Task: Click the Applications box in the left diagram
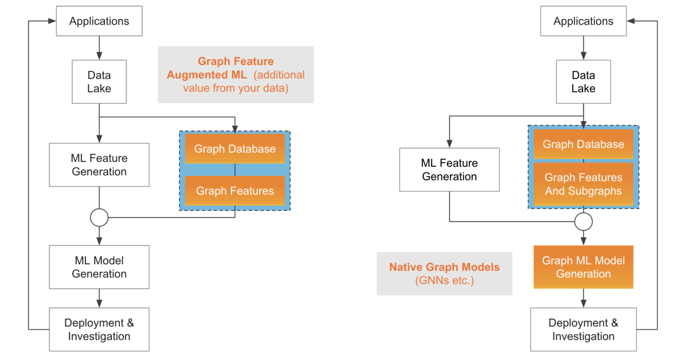coord(99,21)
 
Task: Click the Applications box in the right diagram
coord(583,21)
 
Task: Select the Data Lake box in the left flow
coord(99,82)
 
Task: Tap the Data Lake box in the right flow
coord(583,82)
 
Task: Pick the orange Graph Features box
coord(235,191)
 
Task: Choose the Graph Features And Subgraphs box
coord(583,184)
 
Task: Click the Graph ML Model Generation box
coord(583,267)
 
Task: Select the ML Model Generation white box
coord(99,267)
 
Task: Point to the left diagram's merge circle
coord(99,217)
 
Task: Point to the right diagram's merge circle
coord(583,221)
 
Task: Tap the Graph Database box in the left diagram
coord(235,149)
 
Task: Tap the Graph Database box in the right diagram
coord(583,144)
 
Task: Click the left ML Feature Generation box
coord(99,165)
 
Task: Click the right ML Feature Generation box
coord(449,170)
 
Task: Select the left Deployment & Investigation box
coord(99,329)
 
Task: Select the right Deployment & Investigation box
coord(583,329)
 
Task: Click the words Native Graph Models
coord(444,267)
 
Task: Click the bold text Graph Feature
coord(236,61)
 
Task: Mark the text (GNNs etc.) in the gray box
coord(444,280)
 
